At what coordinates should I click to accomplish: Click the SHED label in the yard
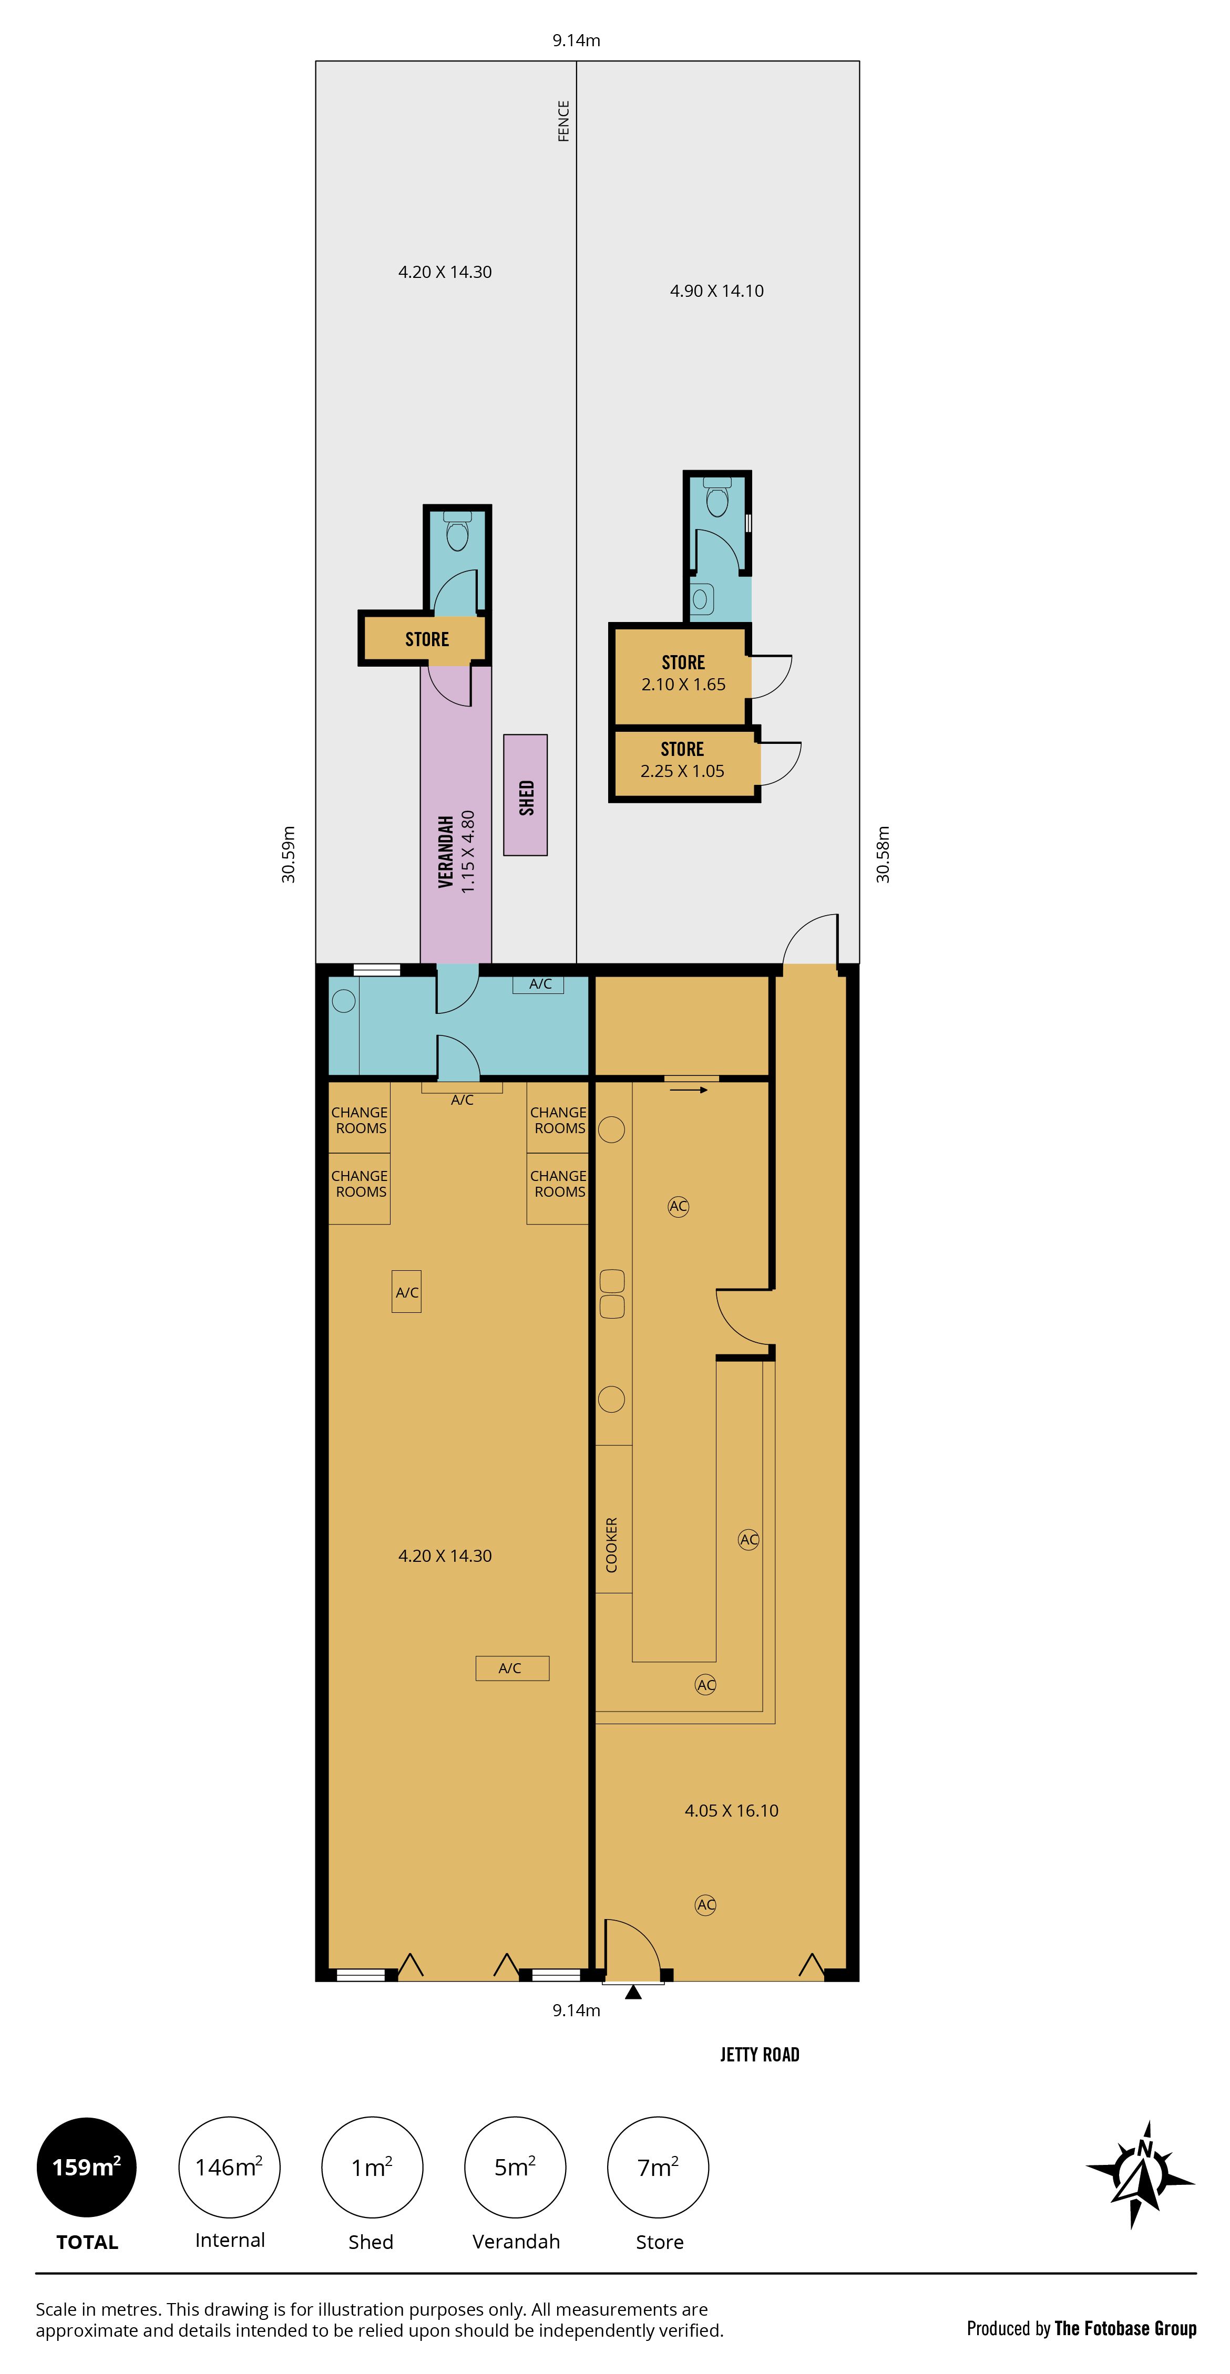tap(527, 797)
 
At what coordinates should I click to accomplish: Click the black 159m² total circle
tap(87, 2166)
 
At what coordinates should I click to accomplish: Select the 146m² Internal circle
tap(230, 2166)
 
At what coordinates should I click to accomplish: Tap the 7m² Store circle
tap(658, 2166)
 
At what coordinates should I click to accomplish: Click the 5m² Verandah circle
tap(516, 2166)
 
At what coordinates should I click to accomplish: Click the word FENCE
tap(563, 121)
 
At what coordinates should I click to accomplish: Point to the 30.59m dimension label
tap(289, 854)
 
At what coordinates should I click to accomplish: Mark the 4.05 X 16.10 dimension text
tap(731, 1810)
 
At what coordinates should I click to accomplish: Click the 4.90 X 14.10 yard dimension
tap(716, 291)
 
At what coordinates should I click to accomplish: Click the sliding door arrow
tap(689, 1090)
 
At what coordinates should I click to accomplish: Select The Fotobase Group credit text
tap(1125, 2328)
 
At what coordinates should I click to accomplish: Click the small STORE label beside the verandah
tap(427, 639)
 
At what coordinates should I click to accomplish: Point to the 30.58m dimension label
tap(883, 854)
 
